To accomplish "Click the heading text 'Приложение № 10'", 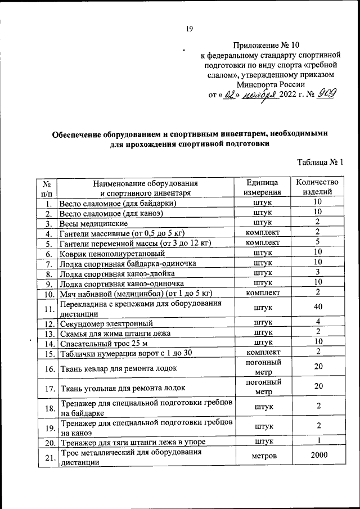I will pos(269,45).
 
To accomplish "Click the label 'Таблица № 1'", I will pos(319,163).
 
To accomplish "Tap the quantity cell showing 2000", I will pos(318,457).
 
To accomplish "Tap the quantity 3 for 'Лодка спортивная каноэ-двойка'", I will pos(318,273).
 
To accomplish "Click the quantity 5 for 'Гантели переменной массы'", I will pos(318,242).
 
